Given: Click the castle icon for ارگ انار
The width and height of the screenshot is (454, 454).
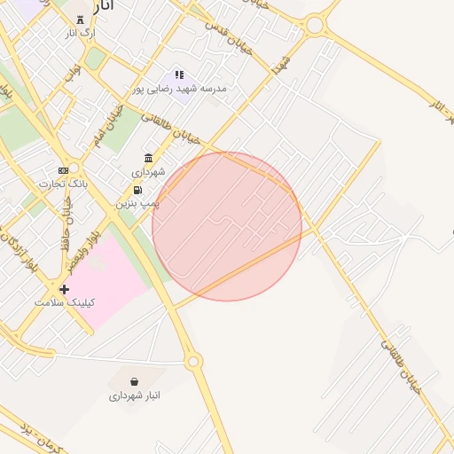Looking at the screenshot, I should tap(81, 19).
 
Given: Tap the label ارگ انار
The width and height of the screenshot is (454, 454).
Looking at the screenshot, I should tap(81, 32).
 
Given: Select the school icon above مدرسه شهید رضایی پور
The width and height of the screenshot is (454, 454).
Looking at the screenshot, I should tap(180, 75).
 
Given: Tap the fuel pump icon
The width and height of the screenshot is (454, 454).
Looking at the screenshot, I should tap(137, 190).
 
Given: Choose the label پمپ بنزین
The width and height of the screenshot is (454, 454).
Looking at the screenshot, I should tap(137, 203).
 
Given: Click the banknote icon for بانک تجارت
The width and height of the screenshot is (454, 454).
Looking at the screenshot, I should tap(63, 170).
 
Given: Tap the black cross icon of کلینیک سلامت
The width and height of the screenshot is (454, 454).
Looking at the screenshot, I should tap(64, 289).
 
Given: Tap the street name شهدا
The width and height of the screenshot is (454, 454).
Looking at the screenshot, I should tap(282, 64).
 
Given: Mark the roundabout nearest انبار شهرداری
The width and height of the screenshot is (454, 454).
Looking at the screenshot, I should tap(192, 361).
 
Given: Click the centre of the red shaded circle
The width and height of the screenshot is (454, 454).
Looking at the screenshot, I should tap(227, 226).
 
